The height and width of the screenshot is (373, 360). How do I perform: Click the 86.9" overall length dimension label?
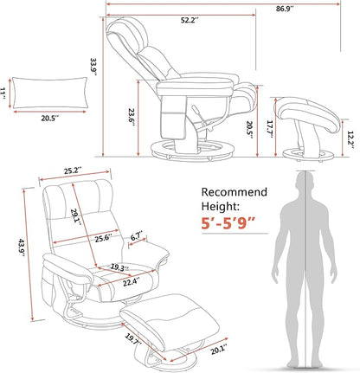285,9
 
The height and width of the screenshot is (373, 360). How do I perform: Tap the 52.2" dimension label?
190,20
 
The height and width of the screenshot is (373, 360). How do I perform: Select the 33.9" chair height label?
93,68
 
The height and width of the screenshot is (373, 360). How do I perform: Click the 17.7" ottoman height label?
270,129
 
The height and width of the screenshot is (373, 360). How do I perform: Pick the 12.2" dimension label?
350,139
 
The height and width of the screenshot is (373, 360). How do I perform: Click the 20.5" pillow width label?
49,119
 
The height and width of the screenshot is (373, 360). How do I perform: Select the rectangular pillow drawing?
49,93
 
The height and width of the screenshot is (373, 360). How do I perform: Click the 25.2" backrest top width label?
73,171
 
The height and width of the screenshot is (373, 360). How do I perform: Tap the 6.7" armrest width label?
137,237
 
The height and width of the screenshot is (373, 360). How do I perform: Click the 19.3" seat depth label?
119,267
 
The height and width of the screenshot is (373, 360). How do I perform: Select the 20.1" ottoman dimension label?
218,350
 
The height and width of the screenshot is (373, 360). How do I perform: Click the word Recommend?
235,192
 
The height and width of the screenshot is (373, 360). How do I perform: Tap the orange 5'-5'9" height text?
228,223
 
